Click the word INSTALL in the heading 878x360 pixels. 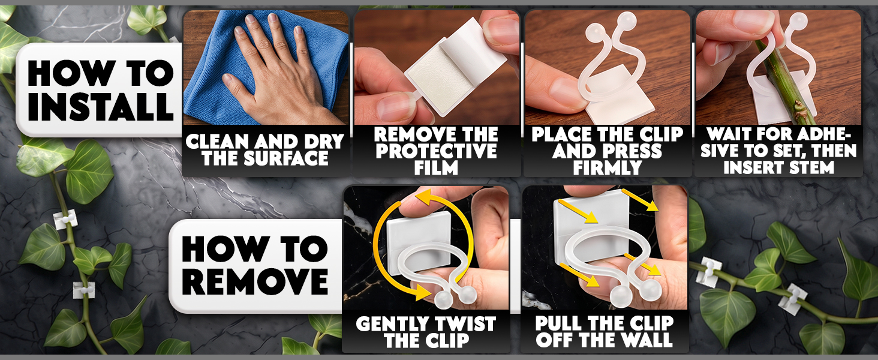point(101,106)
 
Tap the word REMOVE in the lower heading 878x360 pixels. point(255,281)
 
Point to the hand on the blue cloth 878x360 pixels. point(275,71)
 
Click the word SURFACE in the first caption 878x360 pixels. point(285,158)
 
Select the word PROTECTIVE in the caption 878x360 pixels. point(436,151)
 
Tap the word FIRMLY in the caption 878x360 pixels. point(607,168)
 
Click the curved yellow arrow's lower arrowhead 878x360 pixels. point(426,292)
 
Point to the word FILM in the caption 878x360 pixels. point(436,168)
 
